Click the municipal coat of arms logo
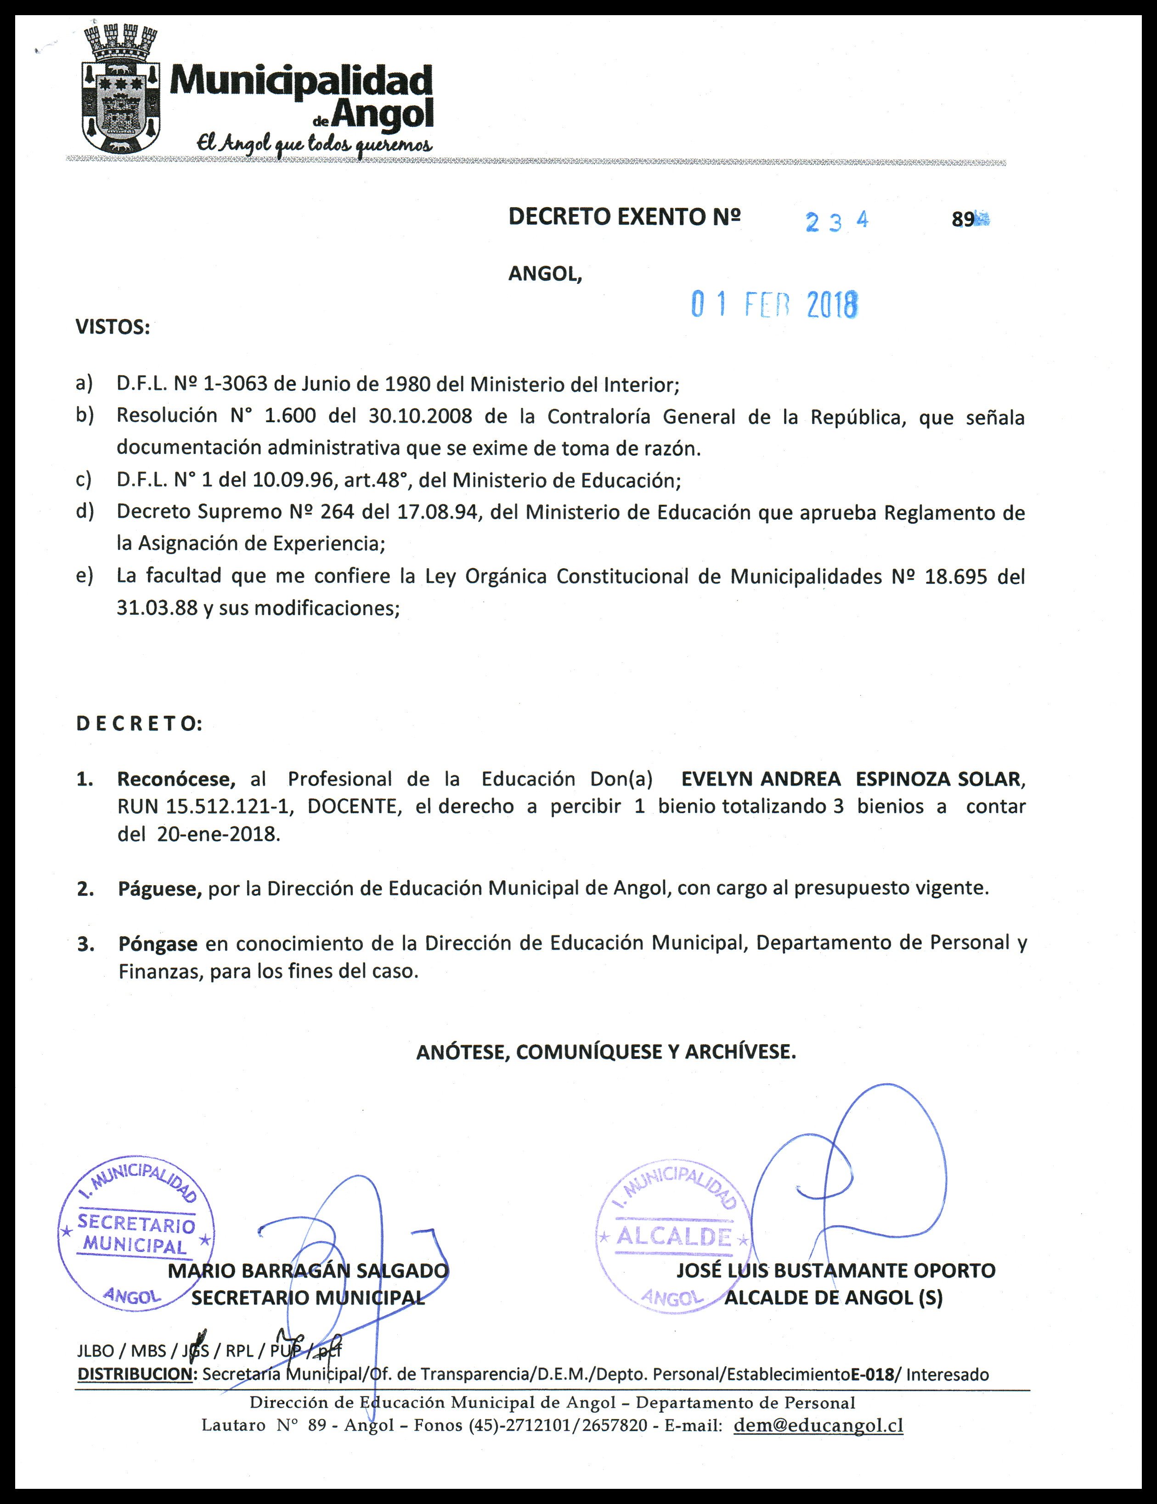click(121, 90)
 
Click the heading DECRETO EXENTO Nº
click(624, 217)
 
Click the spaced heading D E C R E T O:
click(139, 724)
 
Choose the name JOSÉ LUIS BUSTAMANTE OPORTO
click(835, 1271)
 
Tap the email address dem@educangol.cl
click(818, 1425)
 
